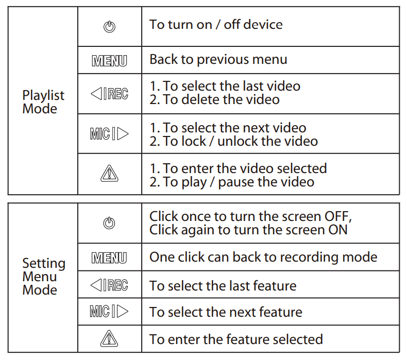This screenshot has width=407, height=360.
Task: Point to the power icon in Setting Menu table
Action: (x=109, y=223)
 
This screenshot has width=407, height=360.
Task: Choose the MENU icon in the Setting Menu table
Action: (x=109, y=258)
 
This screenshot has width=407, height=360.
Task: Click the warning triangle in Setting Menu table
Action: (x=109, y=338)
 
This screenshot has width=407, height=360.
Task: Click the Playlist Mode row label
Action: (x=43, y=102)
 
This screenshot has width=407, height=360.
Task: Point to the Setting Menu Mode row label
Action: (x=44, y=277)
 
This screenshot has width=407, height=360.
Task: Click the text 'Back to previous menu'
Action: (x=218, y=60)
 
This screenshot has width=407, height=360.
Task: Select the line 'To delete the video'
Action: (x=214, y=100)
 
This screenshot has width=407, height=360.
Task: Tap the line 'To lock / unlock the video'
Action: (x=233, y=141)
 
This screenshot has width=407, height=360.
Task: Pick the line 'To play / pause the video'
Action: (x=231, y=182)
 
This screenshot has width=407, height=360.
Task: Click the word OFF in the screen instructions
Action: (x=337, y=216)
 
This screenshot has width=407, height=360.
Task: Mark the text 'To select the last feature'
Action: (x=223, y=286)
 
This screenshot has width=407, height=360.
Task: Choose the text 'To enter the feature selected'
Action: (x=236, y=339)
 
